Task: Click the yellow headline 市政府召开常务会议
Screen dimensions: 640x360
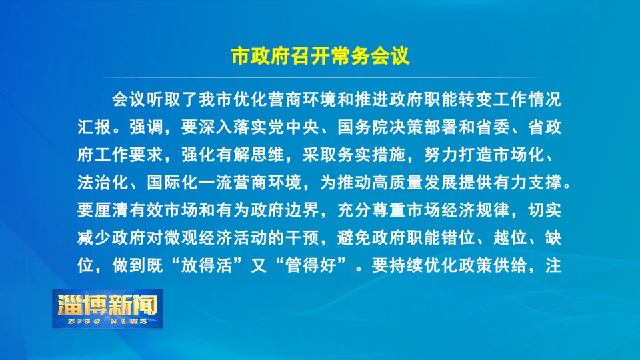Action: coord(320,56)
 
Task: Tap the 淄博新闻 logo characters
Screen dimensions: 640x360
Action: coord(108,305)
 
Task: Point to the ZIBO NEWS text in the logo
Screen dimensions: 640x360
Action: coord(107,321)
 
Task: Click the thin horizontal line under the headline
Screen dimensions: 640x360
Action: coord(320,77)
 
